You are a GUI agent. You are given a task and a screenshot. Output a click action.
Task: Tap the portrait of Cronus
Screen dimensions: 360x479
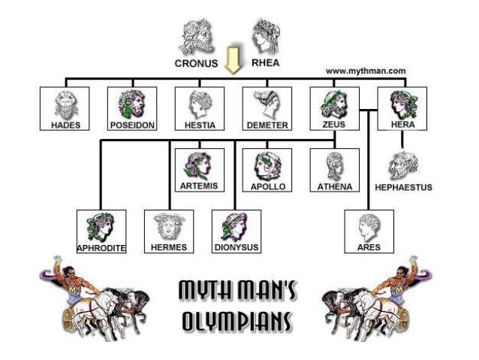pyautogui.click(x=196, y=37)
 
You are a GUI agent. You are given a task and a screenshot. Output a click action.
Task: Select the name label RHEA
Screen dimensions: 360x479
pyautogui.click(x=264, y=63)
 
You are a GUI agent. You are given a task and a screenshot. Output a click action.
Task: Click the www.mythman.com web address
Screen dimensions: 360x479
pyautogui.click(x=366, y=71)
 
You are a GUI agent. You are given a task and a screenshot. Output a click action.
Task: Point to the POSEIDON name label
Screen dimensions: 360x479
pyautogui.click(x=132, y=125)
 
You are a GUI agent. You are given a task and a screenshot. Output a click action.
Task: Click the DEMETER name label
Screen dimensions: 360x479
pyautogui.click(x=267, y=125)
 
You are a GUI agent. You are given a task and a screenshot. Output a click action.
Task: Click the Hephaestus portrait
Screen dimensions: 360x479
pyautogui.click(x=402, y=164)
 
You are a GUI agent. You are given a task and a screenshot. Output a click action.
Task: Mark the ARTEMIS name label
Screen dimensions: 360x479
pyautogui.click(x=199, y=186)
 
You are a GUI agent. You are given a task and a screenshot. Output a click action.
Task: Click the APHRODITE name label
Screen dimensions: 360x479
pyautogui.click(x=101, y=247)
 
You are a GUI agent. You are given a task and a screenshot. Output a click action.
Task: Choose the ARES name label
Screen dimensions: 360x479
pyautogui.click(x=369, y=247)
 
